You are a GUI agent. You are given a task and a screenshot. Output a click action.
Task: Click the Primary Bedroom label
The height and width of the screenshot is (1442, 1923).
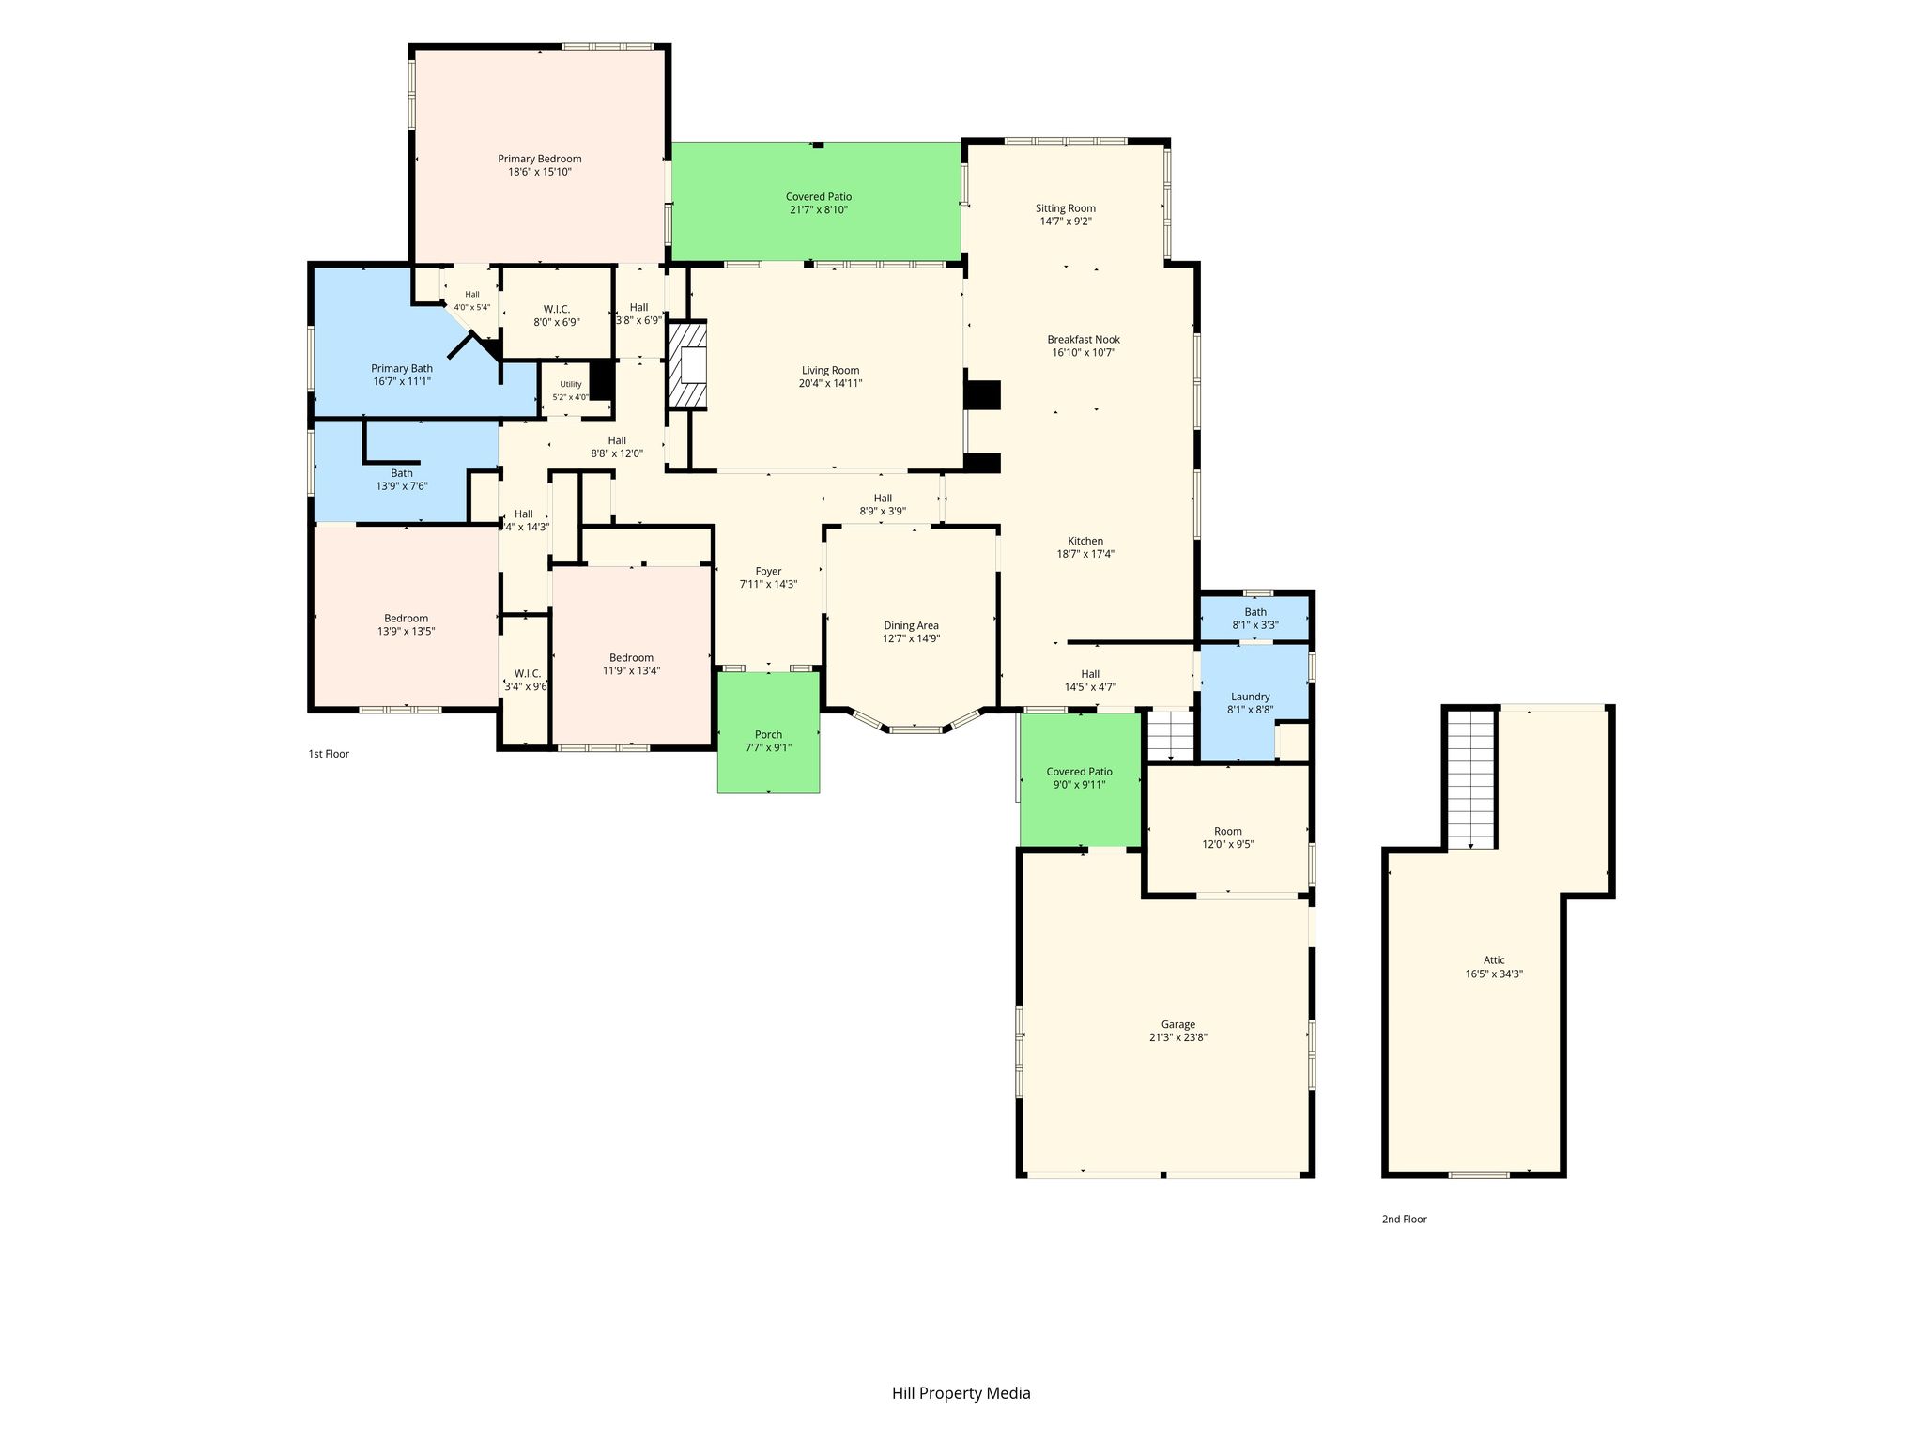coord(539,159)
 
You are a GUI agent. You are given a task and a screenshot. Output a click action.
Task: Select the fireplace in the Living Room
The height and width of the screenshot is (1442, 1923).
coord(687,364)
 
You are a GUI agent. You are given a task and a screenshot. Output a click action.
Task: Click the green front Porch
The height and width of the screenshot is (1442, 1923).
coord(768,732)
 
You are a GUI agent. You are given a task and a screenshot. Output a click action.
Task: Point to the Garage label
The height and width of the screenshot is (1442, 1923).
coord(1178,1024)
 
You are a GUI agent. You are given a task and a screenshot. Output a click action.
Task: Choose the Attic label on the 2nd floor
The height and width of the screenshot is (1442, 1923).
coord(1494,959)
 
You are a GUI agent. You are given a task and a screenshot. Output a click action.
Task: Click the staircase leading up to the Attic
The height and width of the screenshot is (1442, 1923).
coord(1470,779)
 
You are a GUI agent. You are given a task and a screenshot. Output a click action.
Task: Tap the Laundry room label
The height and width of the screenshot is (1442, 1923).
coord(1250,697)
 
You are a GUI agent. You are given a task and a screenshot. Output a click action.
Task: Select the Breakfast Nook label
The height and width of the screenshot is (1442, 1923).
coord(1084,340)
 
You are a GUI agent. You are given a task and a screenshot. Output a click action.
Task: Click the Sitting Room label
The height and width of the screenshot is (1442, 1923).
coord(1066,208)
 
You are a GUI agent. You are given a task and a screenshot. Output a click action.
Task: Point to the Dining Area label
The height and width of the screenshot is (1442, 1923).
coord(911,625)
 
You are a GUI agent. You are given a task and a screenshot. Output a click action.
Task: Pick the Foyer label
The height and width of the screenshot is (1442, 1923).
coord(768,571)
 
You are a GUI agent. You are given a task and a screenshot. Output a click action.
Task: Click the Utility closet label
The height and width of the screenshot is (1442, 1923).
coord(571,384)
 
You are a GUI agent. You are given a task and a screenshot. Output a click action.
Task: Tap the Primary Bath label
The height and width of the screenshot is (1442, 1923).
coord(402,368)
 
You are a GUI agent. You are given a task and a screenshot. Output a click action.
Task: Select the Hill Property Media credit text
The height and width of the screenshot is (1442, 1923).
coord(961,1393)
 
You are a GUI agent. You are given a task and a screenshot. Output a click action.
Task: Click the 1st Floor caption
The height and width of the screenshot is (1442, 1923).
coord(329,754)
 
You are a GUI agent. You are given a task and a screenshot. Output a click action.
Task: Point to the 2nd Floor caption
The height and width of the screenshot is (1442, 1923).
coord(1404,1220)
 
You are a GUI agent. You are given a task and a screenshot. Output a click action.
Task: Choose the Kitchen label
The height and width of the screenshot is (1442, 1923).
coord(1085,541)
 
